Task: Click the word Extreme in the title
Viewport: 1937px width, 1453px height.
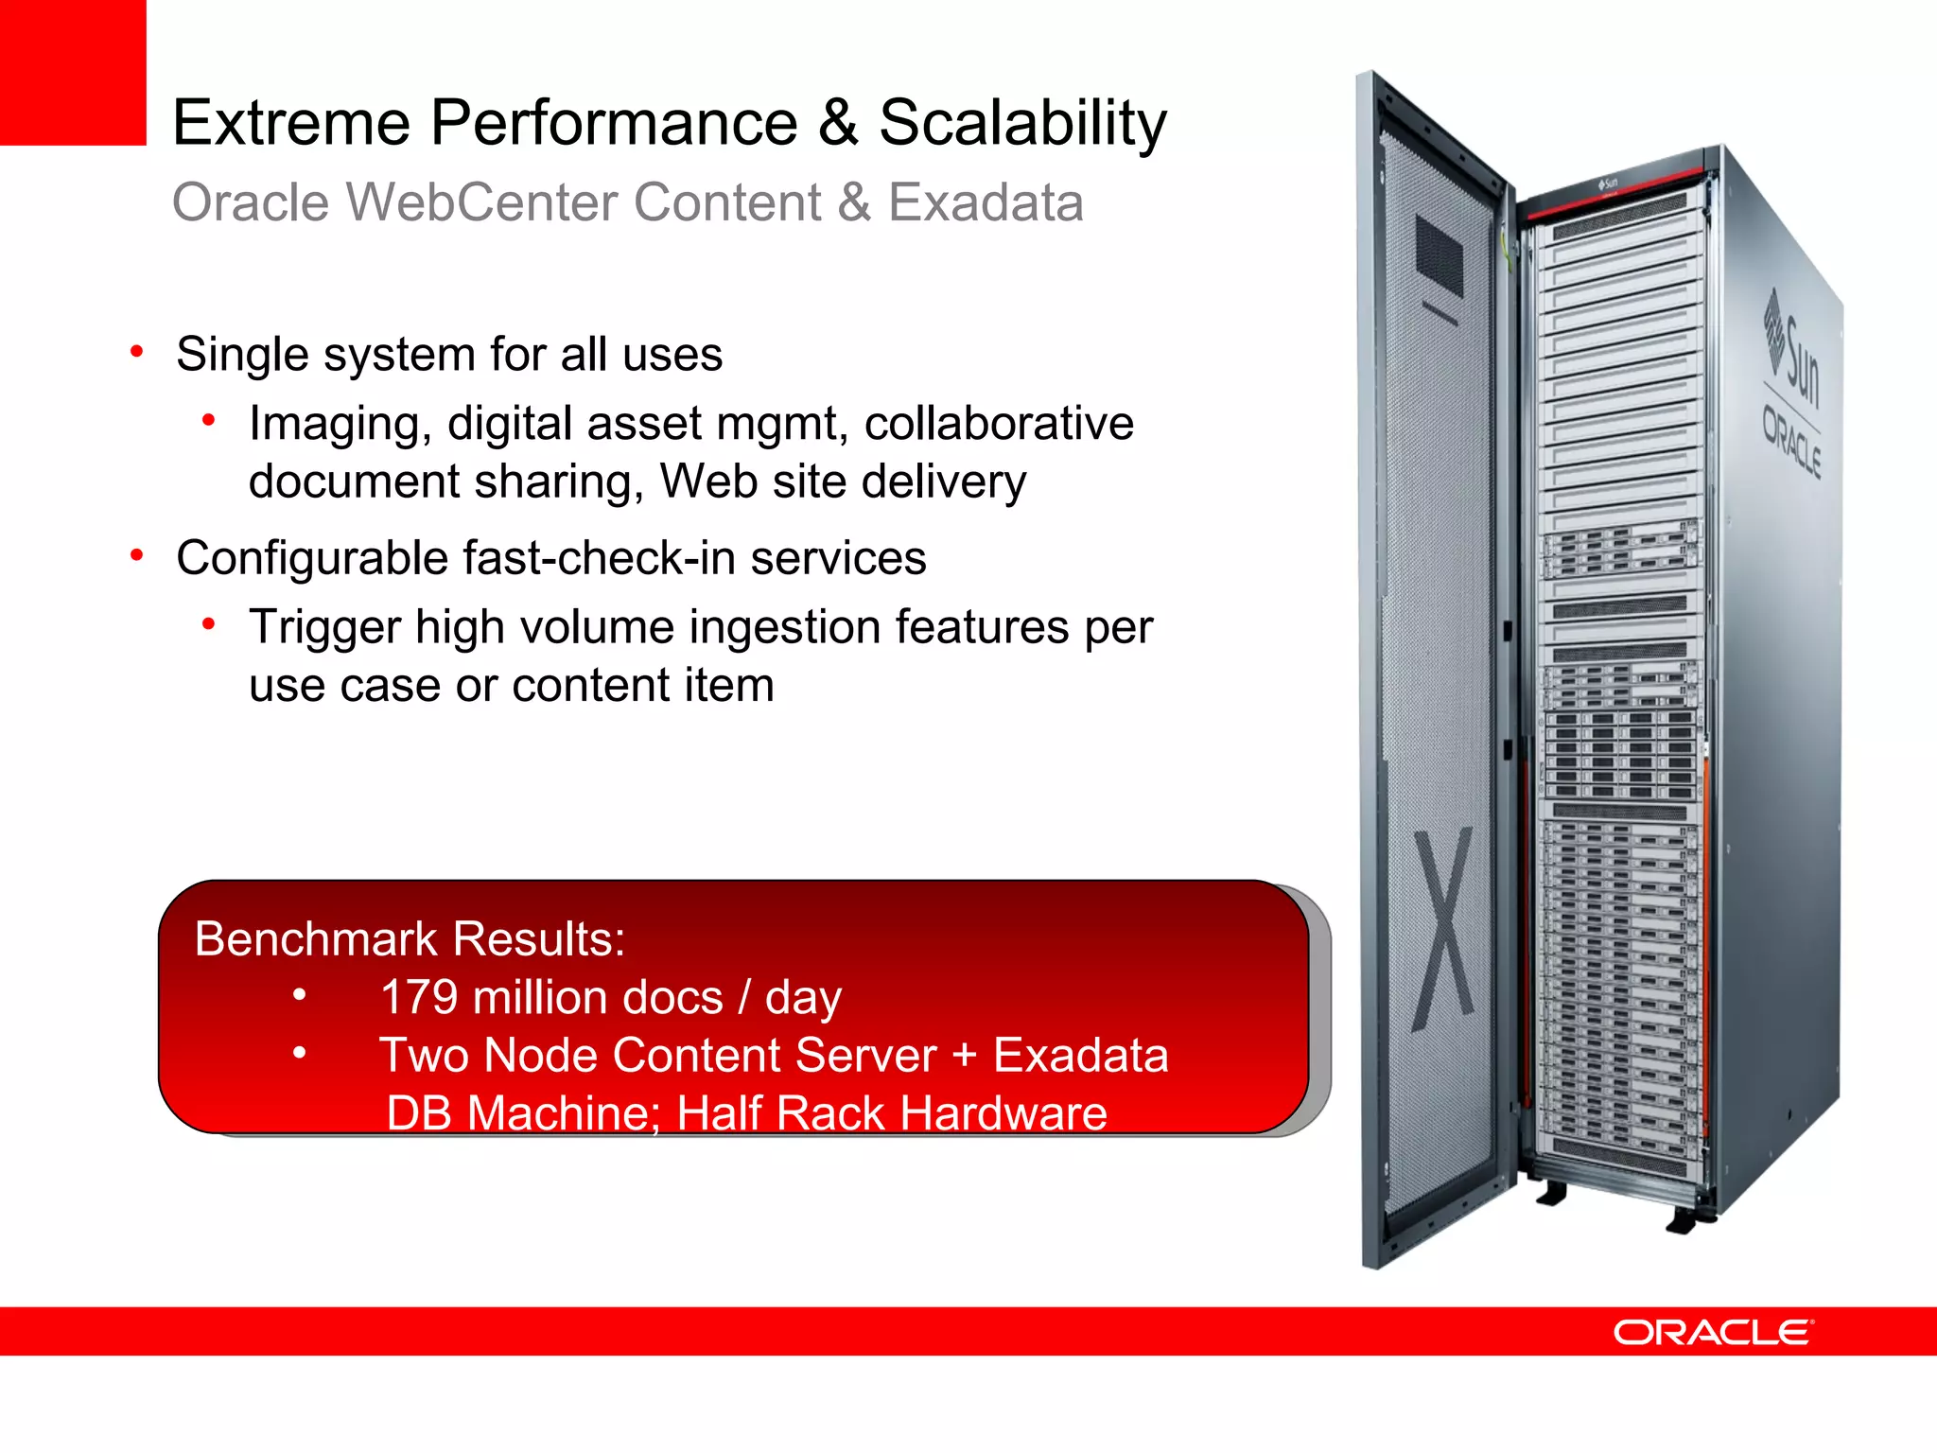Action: pyautogui.click(x=291, y=123)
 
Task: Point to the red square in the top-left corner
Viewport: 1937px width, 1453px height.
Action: pyautogui.click(x=72, y=72)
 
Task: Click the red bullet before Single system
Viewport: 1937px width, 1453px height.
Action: pyautogui.click(x=137, y=353)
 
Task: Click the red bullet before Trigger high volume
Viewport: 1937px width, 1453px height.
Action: pyautogui.click(x=209, y=624)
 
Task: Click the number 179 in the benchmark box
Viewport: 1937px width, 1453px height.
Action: pyautogui.click(x=419, y=998)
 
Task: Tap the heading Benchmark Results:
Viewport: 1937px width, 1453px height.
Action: pyautogui.click(x=410, y=939)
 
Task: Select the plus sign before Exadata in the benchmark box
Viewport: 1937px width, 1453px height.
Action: pyautogui.click(x=964, y=1056)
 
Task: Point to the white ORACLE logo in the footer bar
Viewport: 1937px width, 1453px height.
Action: pyautogui.click(x=1713, y=1333)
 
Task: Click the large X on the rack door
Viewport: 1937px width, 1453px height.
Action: pyautogui.click(x=1443, y=929)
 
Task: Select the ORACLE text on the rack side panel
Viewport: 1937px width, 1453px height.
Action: pyautogui.click(x=1790, y=441)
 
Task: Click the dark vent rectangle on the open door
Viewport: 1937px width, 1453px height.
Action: pyautogui.click(x=1439, y=254)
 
